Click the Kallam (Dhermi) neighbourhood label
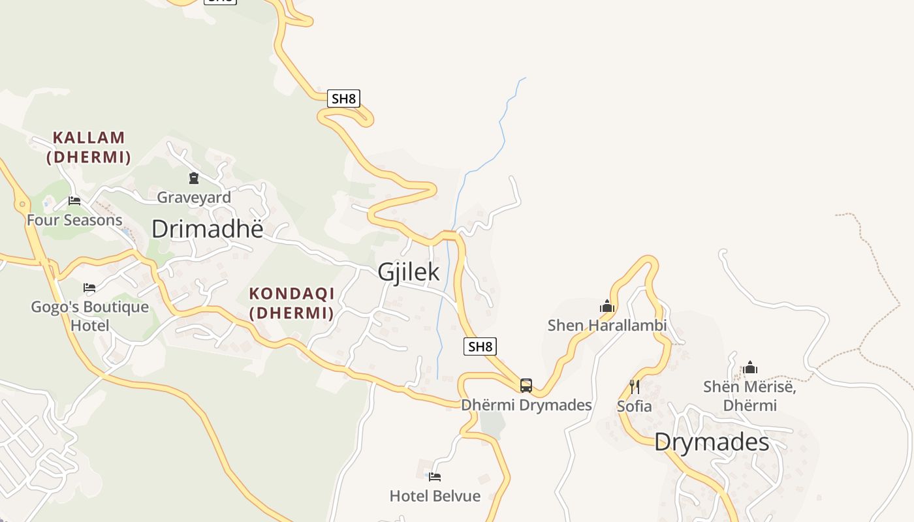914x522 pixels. (x=89, y=147)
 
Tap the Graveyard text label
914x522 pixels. (x=194, y=197)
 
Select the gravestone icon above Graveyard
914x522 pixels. (x=194, y=177)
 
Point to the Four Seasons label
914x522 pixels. (x=74, y=220)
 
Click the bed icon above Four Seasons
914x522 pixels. (x=74, y=201)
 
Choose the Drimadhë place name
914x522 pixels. (x=208, y=229)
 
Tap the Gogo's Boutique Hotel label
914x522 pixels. (x=90, y=316)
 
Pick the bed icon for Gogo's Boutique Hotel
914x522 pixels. (x=89, y=287)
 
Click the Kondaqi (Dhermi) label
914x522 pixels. (x=292, y=303)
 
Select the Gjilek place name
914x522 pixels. (x=409, y=272)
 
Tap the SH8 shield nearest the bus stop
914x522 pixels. (x=480, y=346)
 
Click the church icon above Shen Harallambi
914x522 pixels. (x=607, y=306)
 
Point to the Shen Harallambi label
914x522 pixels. (x=607, y=325)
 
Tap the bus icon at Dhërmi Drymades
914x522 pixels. (x=526, y=386)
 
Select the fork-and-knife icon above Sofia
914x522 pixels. (x=634, y=387)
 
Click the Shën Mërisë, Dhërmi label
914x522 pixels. (x=749, y=396)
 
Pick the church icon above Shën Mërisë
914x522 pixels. (x=750, y=368)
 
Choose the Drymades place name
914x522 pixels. (x=712, y=442)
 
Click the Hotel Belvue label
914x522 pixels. (x=435, y=496)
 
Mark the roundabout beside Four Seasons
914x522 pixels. (x=23, y=204)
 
